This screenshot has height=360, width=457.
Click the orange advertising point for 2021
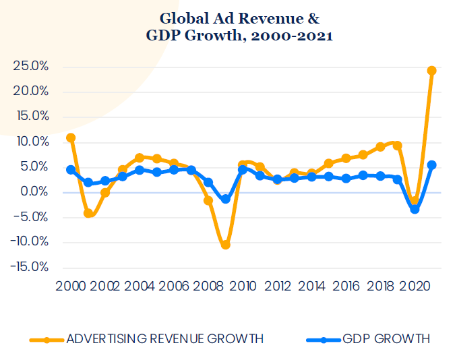click(x=432, y=70)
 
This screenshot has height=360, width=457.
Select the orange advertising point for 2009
click(x=226, y=245)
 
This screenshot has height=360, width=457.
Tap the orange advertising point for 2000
click(x=71, y=138)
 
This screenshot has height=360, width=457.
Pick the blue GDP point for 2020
click(x=415, y=210)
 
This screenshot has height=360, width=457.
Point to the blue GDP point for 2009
click(x=226, y=200)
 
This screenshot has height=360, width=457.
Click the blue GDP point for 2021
click(x=432, y=164)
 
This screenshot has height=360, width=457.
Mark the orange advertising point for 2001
click(x=88, y=213)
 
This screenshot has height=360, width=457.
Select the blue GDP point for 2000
click(x=71, y=170)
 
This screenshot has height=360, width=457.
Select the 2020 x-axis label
click(x=415, y=285)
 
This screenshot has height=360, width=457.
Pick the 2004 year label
click(x=140, y=285)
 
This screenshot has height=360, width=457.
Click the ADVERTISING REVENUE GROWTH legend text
click(x=164, y=339)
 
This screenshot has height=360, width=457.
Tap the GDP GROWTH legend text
click(x=386, y=339)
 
